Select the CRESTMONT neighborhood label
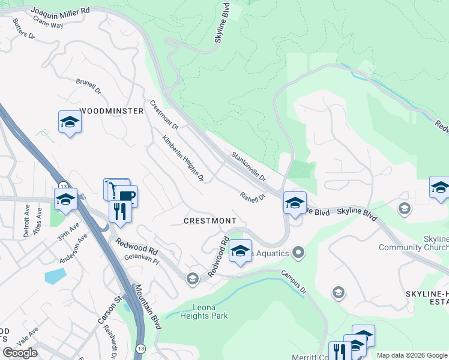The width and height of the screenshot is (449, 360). click(x=209, y=221)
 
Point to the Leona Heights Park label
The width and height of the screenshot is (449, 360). click(x=204, y=311)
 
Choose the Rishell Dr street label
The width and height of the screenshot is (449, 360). click(x=252, y=196)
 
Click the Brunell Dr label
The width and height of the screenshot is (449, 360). click(x=88, y=86)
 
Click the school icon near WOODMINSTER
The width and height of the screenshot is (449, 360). click(x=70, y=122)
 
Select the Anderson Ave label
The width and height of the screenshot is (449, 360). click(x=73, y=248)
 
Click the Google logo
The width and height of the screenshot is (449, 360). click(x=20, y=353)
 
